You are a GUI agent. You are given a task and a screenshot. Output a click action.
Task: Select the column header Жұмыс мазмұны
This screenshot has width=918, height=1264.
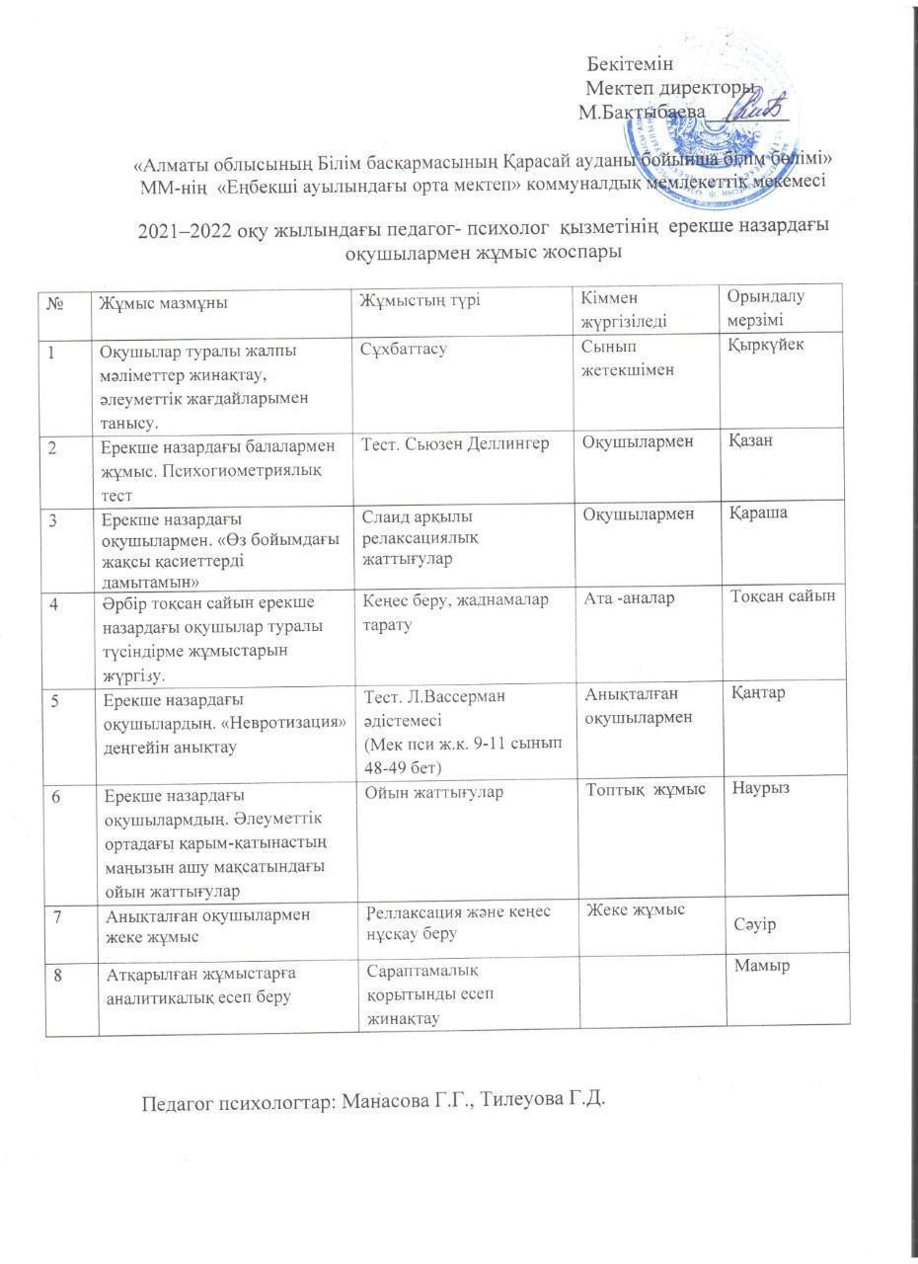(159, 303)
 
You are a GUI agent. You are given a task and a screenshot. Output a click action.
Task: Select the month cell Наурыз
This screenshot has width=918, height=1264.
(762, 790)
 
